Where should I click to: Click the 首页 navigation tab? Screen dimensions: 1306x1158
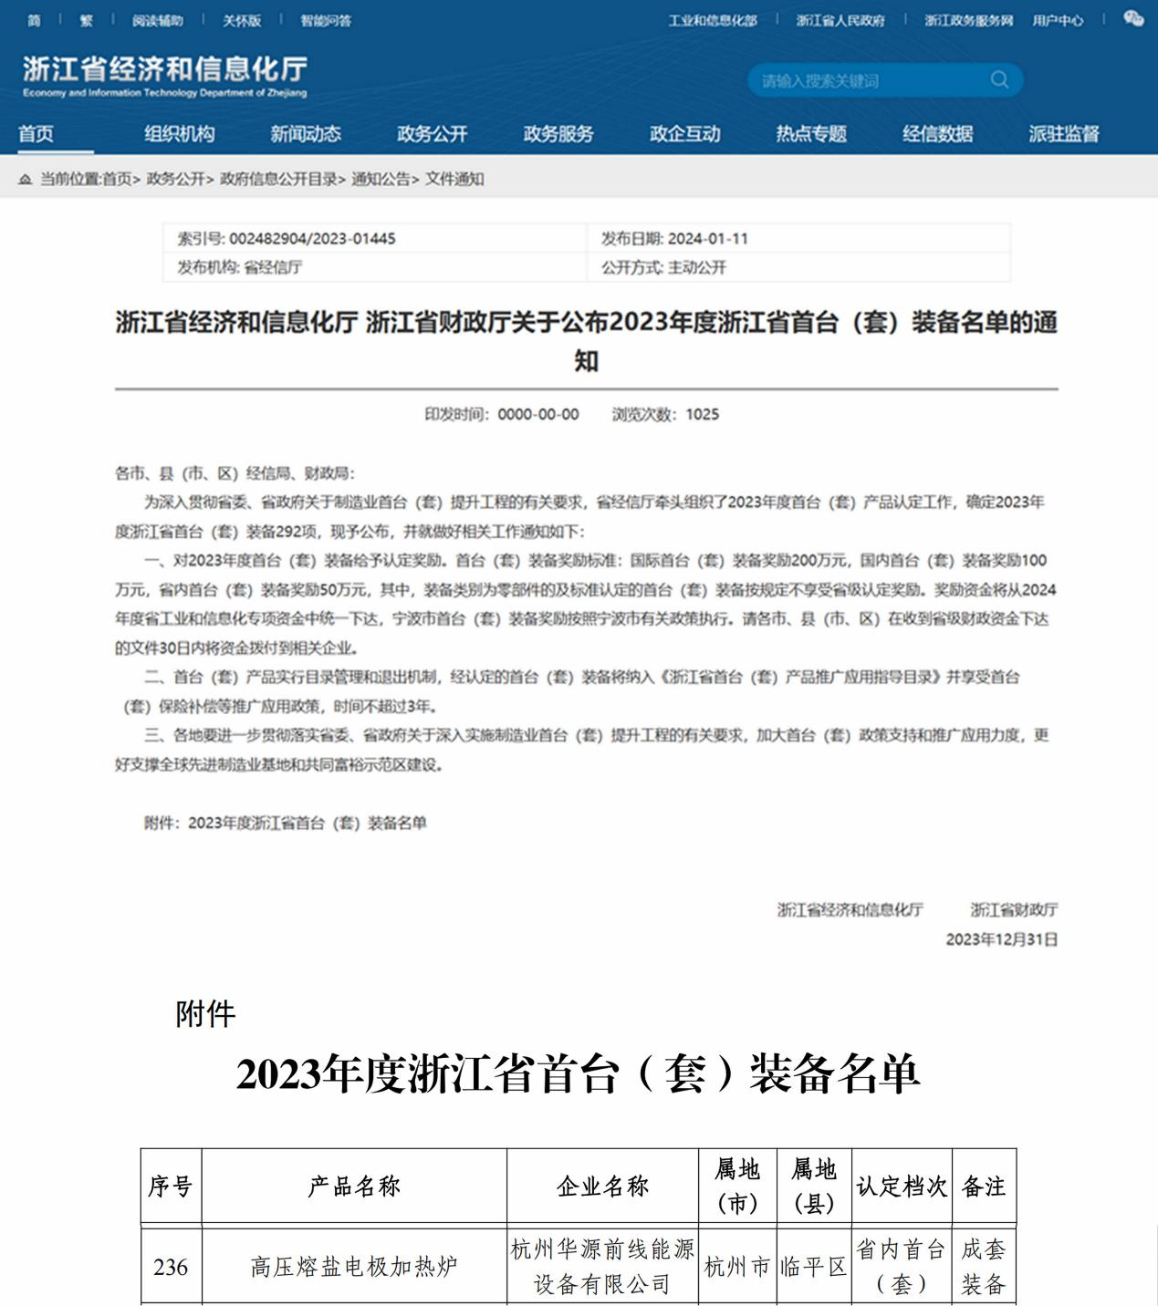37,134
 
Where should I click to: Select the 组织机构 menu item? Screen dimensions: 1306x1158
179,134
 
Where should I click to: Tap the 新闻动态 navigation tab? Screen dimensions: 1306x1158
306,134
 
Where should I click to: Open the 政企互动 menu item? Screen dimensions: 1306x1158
684,134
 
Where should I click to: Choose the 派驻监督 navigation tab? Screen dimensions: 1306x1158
1063,134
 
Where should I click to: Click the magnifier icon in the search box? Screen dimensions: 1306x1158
999,80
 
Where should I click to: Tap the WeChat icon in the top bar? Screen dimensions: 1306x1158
1133,19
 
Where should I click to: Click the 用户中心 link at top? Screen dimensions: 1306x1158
1058,20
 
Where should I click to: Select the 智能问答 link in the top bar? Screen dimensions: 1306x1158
325,20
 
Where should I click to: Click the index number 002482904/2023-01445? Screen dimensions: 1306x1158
312,239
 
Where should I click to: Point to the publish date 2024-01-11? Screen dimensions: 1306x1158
707,239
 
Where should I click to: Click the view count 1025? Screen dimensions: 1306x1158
702,414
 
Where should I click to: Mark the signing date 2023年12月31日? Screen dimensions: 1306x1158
1001,939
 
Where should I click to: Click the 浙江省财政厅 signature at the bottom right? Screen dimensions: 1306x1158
1013,909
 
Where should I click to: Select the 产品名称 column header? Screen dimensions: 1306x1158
354,1186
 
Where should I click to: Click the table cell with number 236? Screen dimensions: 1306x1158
171,1267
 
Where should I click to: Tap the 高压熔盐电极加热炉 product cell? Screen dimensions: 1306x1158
354,1267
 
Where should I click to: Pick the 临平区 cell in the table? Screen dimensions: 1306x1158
813,1267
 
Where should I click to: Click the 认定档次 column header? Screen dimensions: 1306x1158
901,1186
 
